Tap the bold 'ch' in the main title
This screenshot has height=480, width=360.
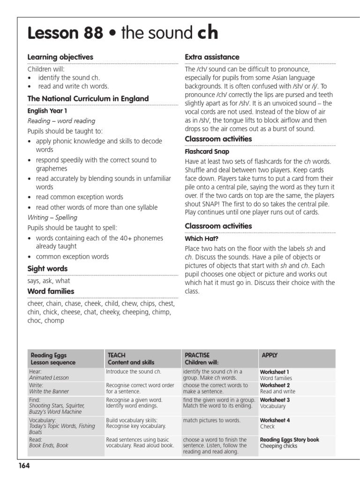207,33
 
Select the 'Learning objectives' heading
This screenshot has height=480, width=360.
60,57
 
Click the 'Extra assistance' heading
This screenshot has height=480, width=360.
212,57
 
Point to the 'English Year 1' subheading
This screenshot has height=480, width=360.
47,112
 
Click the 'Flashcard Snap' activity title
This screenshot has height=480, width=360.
207,152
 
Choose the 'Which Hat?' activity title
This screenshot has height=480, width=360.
201,239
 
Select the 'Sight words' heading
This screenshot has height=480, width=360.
47,269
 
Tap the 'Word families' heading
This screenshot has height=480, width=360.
51,292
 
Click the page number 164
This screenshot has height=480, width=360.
24,465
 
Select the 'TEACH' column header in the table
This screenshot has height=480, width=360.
116,355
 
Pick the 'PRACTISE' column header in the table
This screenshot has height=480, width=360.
197,355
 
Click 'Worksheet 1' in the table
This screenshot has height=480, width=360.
275,372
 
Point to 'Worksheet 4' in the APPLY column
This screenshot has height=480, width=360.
275,420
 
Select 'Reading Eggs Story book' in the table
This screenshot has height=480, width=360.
289,440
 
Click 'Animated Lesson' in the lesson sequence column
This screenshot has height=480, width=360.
49,378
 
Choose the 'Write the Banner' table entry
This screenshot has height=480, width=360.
49,391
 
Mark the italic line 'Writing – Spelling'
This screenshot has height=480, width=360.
52,217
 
